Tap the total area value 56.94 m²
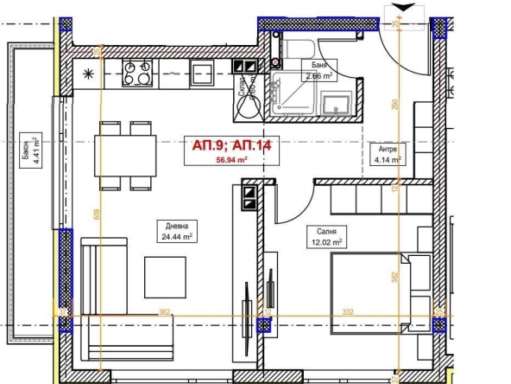(231, 160)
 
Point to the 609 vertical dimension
(94, 218)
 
